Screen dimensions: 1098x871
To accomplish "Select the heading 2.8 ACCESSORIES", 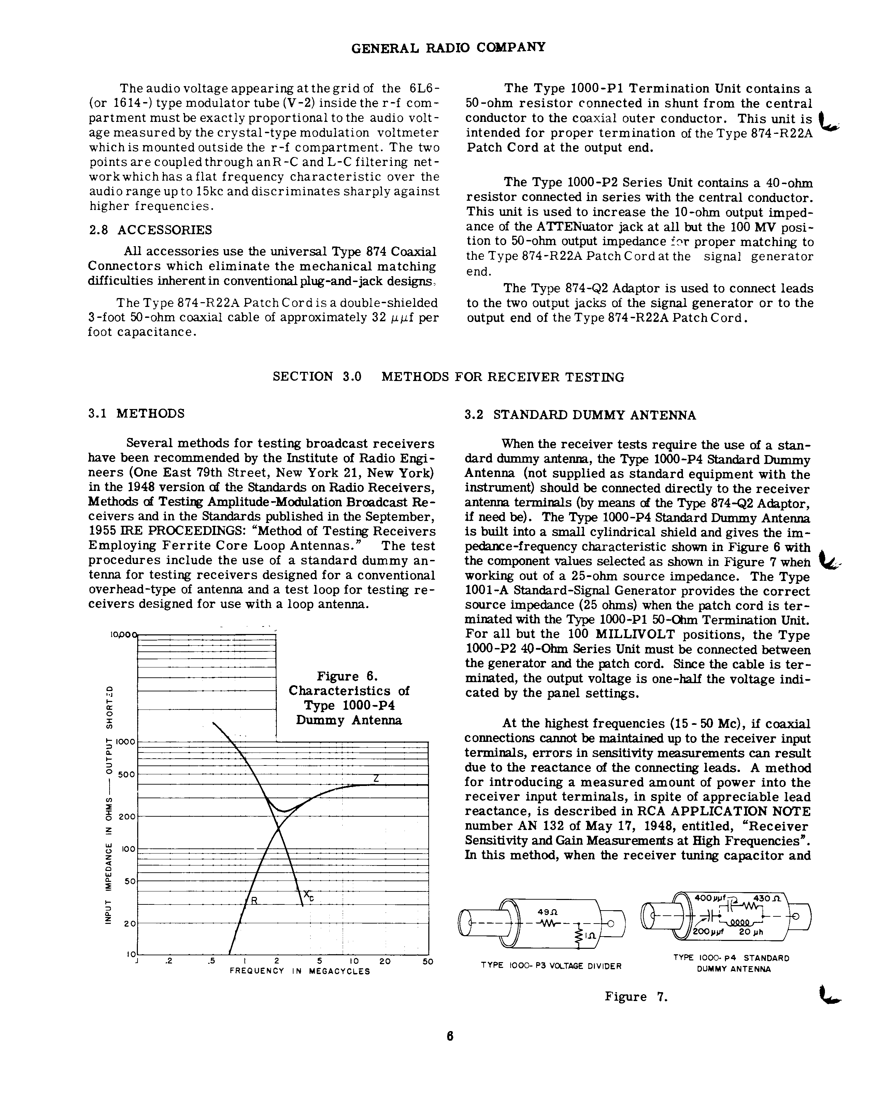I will click(151, 230).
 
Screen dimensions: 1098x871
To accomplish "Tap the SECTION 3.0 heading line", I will click(448, 377).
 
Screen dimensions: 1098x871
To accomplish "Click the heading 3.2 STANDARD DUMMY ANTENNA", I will click(580, 415).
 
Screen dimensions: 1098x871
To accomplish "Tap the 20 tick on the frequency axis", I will click(385, 961).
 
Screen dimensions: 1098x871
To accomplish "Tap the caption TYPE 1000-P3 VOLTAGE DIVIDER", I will click(551, 966).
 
